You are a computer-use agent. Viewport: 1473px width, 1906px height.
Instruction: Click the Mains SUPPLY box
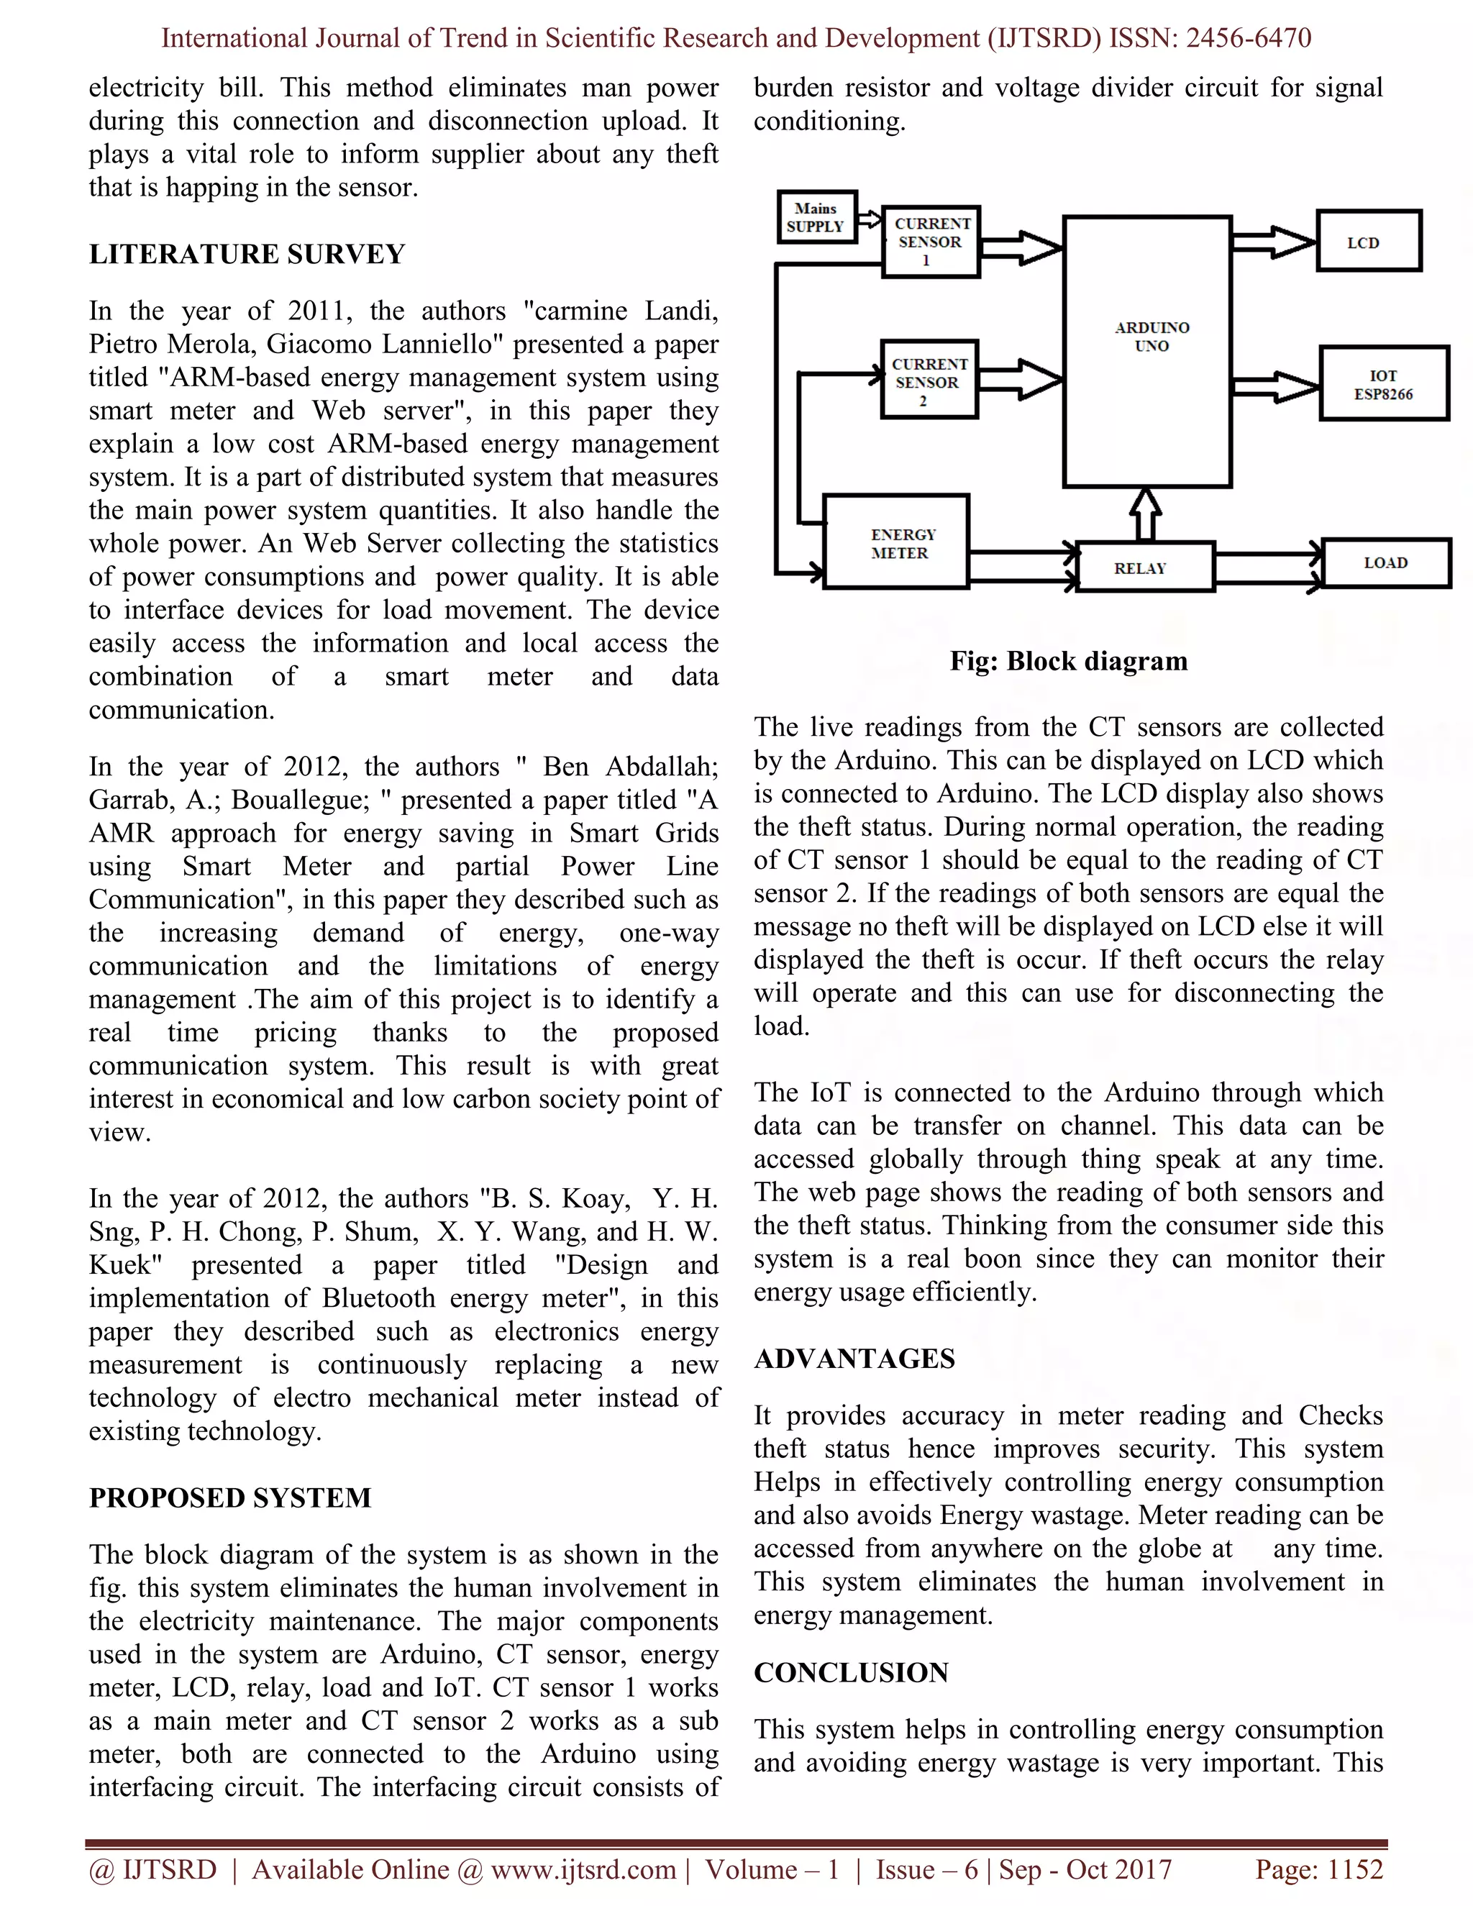pyautogui.click(x=817, y=217)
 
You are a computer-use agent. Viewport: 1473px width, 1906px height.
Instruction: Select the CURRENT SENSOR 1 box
pyautogui.click(x=930, y=242)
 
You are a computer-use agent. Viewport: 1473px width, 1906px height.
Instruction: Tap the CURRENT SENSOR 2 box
pyautogui.click(x=929, y=381)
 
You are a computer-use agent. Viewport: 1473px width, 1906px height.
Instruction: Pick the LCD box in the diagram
pyautogui.click(x=1368, y=242)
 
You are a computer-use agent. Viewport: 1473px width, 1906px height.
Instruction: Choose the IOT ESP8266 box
pyautogui.click(x=1383, y=384)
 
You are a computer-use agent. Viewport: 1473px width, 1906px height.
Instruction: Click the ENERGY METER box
pyautogui.click(x=897, y=543)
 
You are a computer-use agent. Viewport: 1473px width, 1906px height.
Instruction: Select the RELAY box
pyautogui.click(x=1145, y=568)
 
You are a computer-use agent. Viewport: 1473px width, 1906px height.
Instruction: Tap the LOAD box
pyautogui.click(x=1386, y=563)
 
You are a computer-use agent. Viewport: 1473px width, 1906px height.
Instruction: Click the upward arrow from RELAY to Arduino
pyautogui.click(x=1146, y=515)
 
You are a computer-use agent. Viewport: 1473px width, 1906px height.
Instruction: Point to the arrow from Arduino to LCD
pyautogui.click(x=1274, y=242)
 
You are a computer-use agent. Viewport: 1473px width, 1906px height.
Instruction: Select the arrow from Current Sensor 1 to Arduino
pyautogui.click(x=1021, y=249)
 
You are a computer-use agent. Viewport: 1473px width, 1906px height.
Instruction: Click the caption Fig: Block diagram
pyautogui.click(x=1068, y=661)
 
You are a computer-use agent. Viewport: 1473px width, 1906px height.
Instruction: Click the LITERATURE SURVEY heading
pyautogui.click(x=247, y=254)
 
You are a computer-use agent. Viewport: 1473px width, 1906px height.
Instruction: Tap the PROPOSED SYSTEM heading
pyautogui.click(x=230, y=1497)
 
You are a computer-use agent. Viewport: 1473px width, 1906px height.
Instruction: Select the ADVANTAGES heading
pyautogui.click(x=854, y=1359)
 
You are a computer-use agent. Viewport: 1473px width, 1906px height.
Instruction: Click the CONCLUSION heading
pyautogui.click(x=851, y=1672)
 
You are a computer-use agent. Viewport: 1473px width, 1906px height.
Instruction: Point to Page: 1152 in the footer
pyautogui.click(x=1318, y=1870)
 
